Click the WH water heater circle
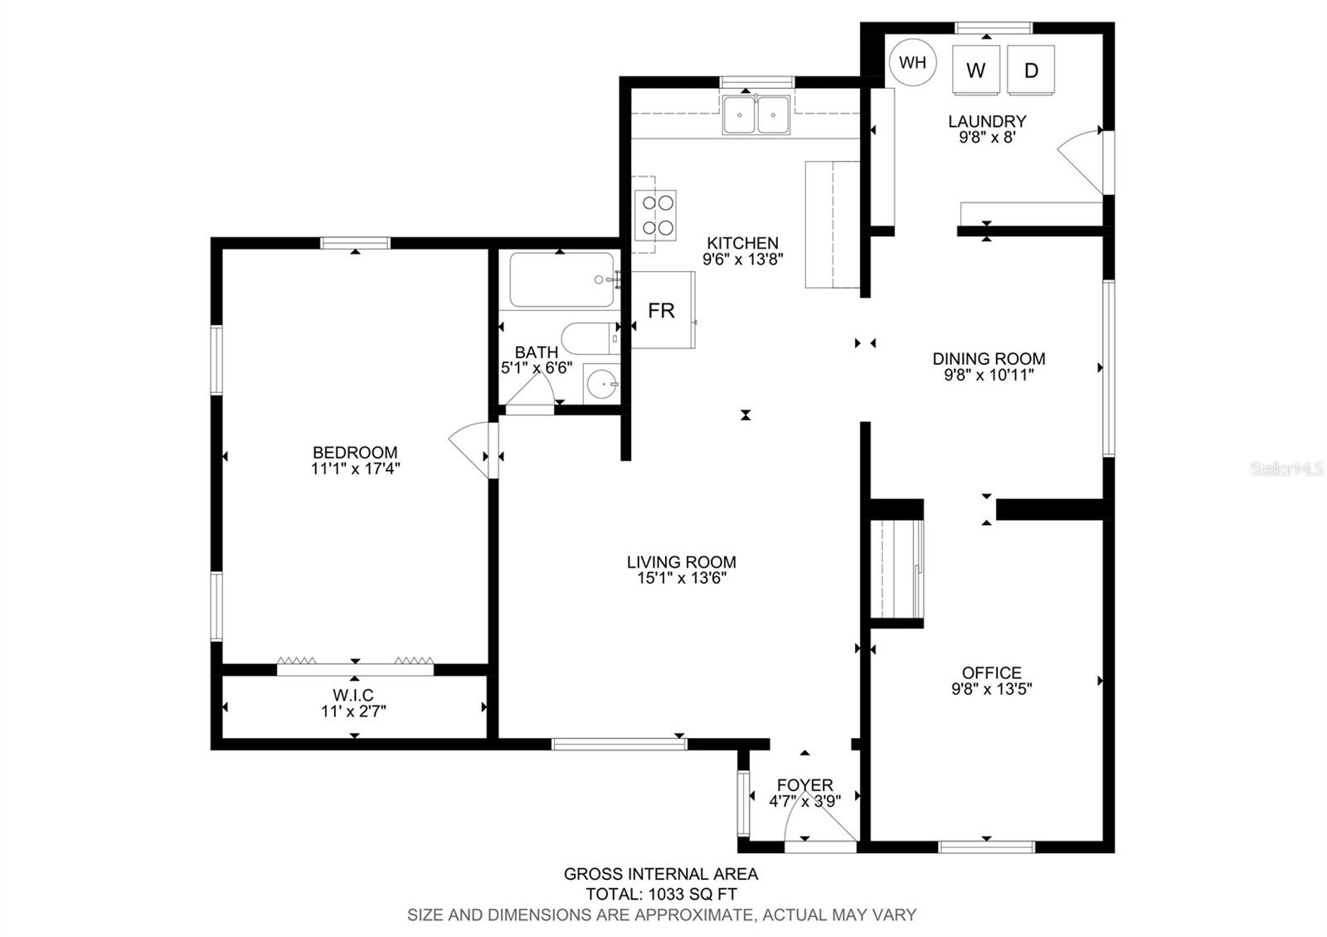[x=912, y=62]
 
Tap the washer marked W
[x=975, y=70]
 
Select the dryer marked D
[x=1031, y=70]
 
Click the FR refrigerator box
[x=663, y=310]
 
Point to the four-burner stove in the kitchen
[x=655, y=215]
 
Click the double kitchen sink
[x=756, y=114]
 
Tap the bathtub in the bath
[x=561, y=279]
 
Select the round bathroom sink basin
[x=601, y=384]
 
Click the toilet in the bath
[x=590, y=339]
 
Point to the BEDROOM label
[x=355, y=453]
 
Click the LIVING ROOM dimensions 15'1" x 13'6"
[x=682, y=578]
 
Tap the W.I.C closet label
[x=353, y=695]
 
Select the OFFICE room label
[x=992, y=672]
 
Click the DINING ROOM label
[x=989, y=359]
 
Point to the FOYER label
[x=805, y=785]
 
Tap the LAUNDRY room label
[x=987, y=121]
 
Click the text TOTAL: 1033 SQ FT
[x=661, y=894]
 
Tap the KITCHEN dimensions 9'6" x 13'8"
[x=743, y=260]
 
